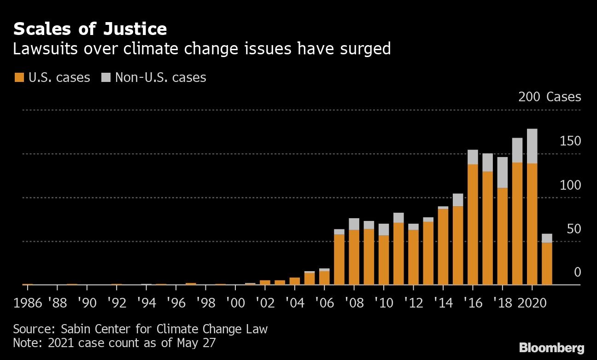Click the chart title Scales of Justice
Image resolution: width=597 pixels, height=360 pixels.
[x=90, y=29]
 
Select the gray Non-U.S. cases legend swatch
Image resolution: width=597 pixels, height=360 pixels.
[x=105, y=77]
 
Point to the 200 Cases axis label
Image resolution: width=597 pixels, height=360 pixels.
[x=549, y=97]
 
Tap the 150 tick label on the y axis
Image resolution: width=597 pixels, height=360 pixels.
[x=570, y=141]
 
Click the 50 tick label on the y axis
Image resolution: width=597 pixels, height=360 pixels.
[x=574, y=229]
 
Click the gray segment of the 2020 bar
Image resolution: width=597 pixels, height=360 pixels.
[x=532, y=146]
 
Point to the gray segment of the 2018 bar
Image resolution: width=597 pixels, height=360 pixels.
[x=502, y=172]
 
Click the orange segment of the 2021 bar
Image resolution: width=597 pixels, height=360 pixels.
[x=547, y=263]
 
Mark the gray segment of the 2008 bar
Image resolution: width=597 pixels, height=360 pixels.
[x=354, y=224]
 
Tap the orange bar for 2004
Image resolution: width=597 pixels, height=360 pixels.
[x=295, y=281]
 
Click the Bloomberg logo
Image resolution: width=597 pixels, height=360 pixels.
[x=551, y=348]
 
